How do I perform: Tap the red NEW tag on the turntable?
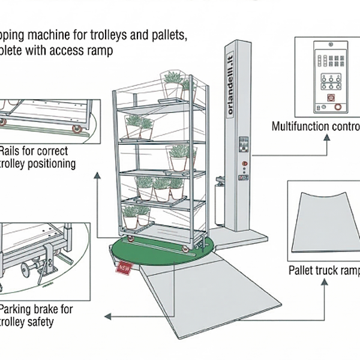click(x=125, y=268)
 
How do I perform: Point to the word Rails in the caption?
click(x=12, y=151)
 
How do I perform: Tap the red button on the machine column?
click(x=244, y=163)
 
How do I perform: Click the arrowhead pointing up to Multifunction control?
click(x=326, y=137)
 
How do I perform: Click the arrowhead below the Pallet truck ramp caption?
click(x=325, y=280)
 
